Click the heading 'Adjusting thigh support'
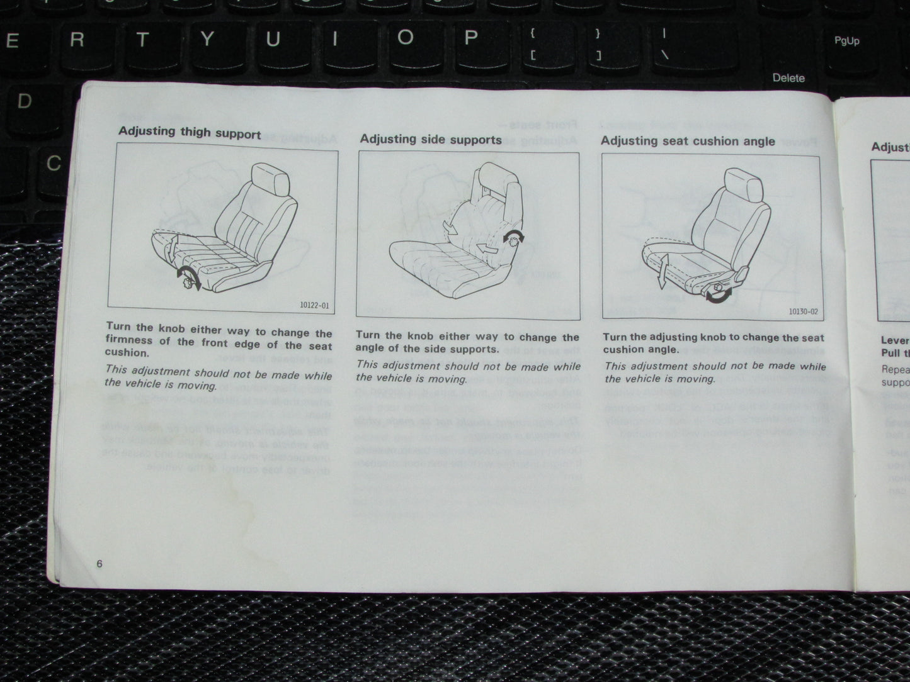click(190, 133)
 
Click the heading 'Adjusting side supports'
click(431, 139)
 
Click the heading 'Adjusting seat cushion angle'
click(688, 141)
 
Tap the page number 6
click(100, 564)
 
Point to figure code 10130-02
click(805, 311)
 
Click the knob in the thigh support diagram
click(186, 282)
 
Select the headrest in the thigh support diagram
click(271, 179)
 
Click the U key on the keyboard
click(273, 40)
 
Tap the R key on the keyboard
click(77, 40)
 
